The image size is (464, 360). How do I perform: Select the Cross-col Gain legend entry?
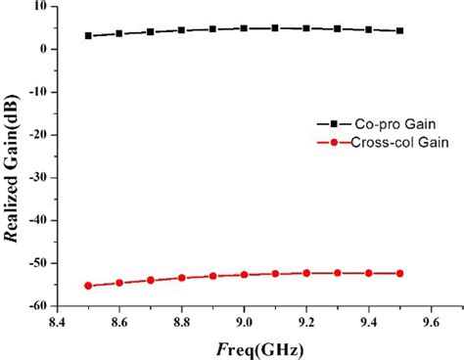pos(382,143)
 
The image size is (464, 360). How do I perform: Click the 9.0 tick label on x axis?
pos(244,319)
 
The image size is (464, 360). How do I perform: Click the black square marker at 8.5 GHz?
pos(88,36)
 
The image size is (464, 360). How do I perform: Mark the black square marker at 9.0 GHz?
pos(244,28)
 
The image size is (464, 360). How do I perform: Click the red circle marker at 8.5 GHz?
pos(88,286)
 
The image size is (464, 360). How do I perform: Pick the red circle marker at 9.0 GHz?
pos(244,275)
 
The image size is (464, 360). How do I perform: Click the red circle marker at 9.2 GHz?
pos(306,273)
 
